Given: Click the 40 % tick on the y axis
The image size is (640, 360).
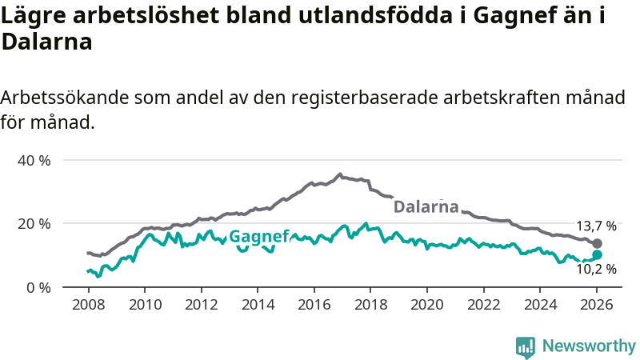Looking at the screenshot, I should pyautogui.click(x=34, y=160).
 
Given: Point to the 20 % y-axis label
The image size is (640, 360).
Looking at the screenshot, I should pyautogui.click(x=34, y=223).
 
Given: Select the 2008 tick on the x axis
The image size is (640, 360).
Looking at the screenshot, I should pyautogui.click(x=87, y=305).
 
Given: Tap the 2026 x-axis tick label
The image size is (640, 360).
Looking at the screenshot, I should pyautogui.click(x=597, y=305).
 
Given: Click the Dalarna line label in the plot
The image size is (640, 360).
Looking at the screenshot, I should pyautogui.click(x=426, y=206).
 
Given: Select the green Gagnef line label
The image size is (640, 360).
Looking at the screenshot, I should pyautogui.click(x=260, y=236).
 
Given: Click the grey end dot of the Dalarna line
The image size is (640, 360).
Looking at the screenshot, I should pyautogui.click(x=597, y=243).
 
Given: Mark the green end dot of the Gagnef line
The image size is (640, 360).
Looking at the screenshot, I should pyautogui.click(x=597, y=254).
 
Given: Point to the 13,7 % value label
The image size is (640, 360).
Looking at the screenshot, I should pyautogui.click(x=596, y=226).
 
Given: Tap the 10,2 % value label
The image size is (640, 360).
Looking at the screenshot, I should pyautogui.click(x=596, y=270).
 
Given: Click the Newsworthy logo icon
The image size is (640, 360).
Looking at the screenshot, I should pyautogui.click(x=526, y=346).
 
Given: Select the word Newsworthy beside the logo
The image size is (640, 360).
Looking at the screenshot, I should pyautogui.click(x=589, y=346).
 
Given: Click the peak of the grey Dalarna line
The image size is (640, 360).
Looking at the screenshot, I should pyautogui.click(x=340, y=174).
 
